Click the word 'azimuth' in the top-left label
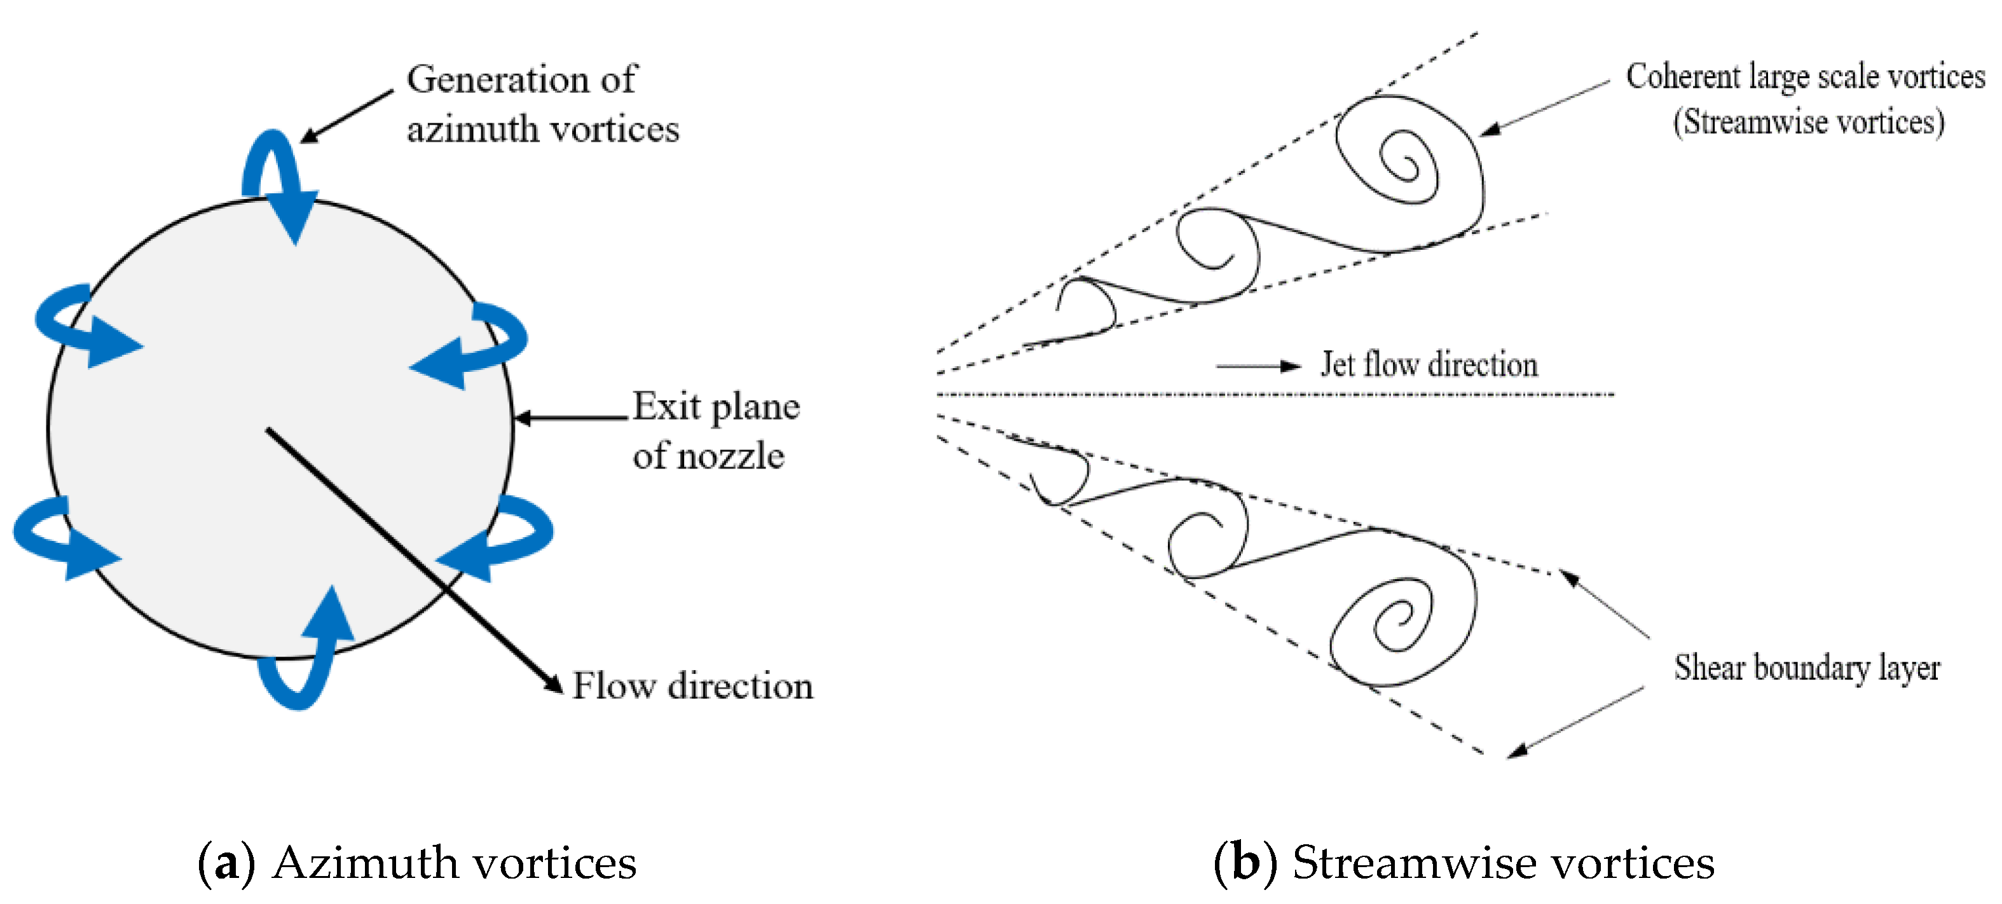472,129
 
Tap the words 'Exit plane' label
715,406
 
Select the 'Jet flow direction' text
1429,364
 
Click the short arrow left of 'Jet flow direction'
1259,366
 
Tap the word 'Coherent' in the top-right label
1683,77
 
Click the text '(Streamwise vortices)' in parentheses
1809,123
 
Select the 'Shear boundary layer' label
1806,668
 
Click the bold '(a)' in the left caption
226,863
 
